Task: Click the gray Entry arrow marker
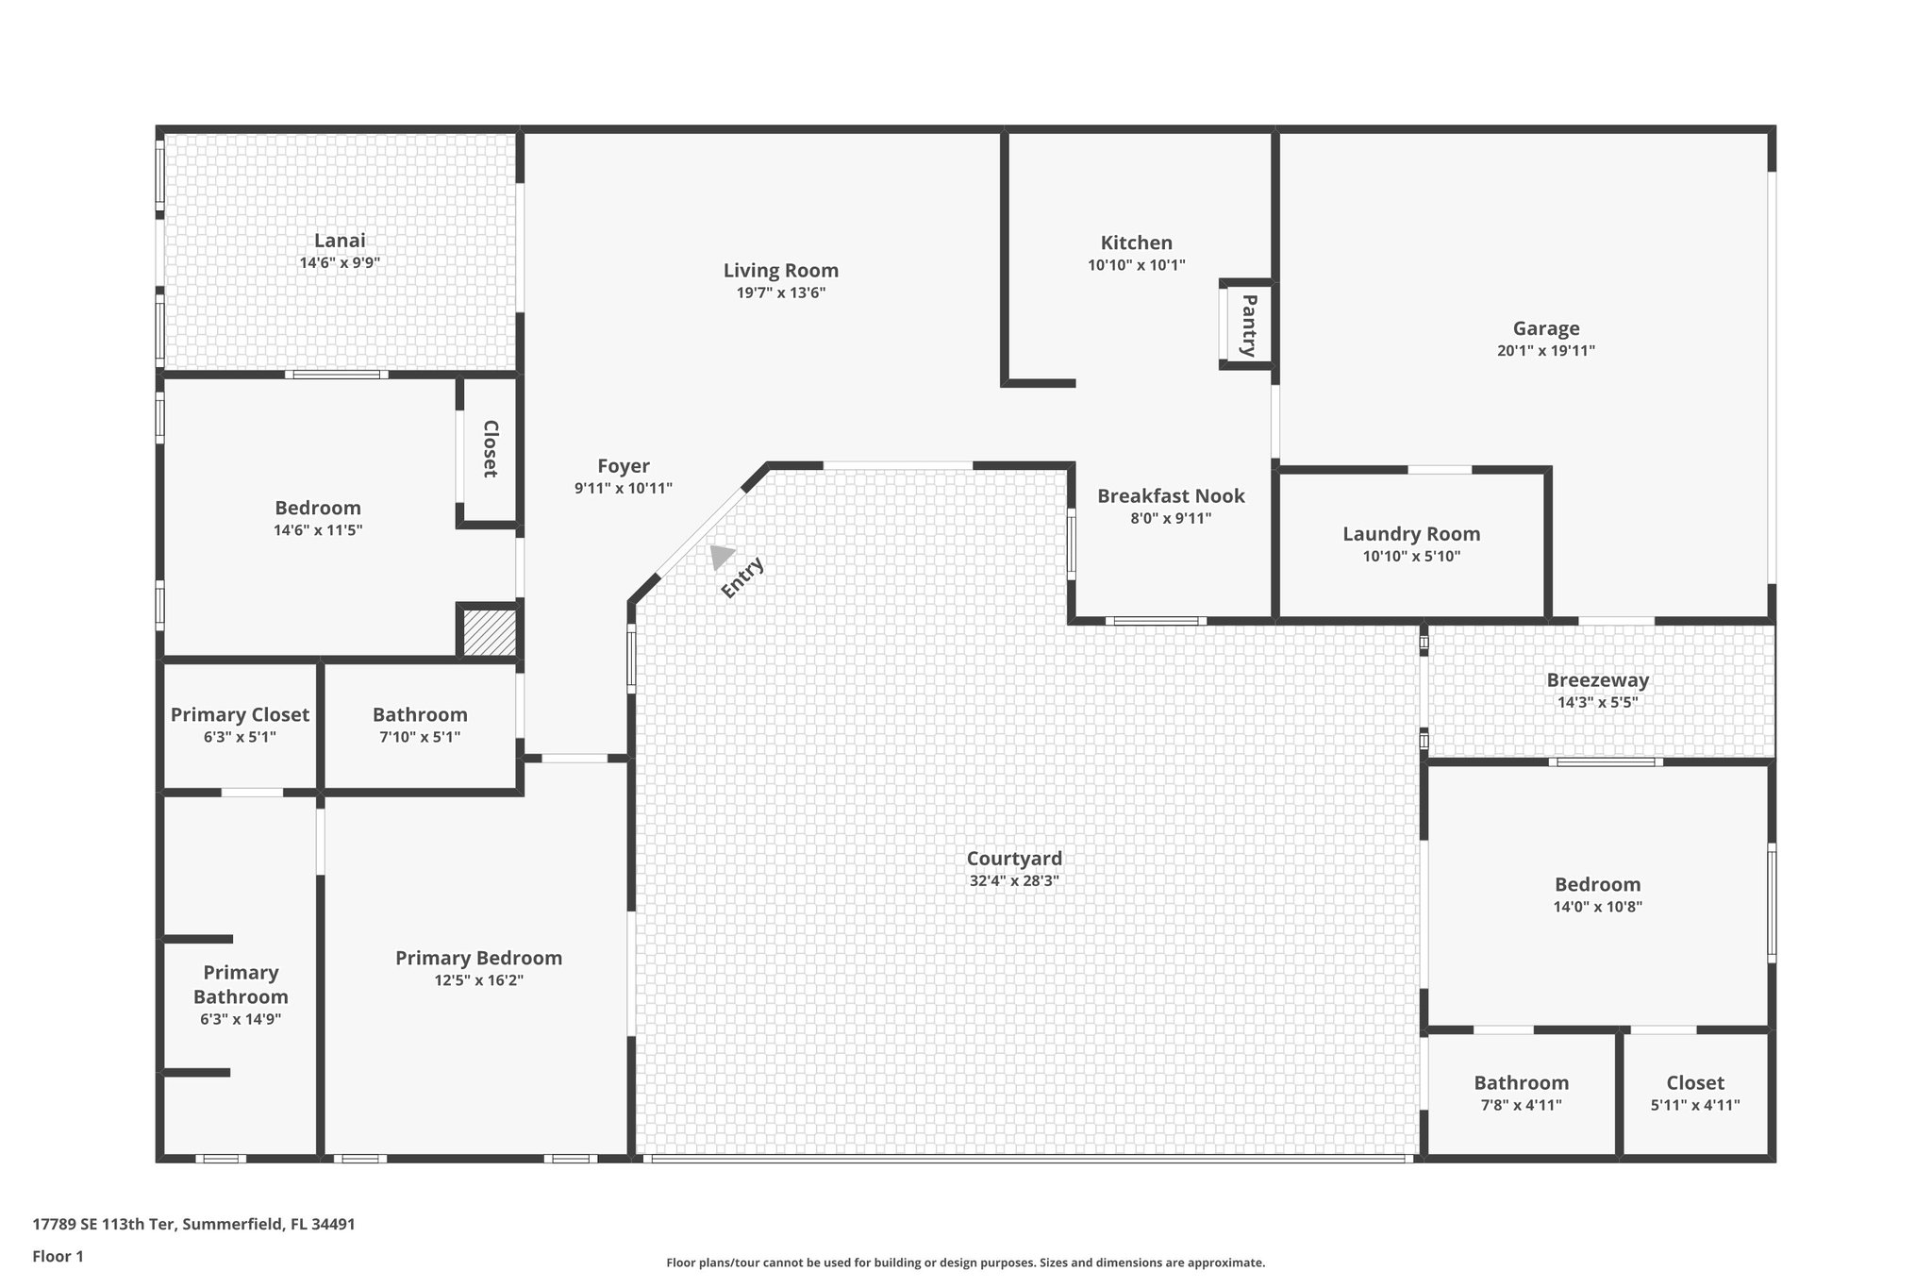tap(722, 556)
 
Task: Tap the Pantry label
tap(1248, 326)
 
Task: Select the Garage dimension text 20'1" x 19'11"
tap(1545, 351)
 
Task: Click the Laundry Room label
tap(1411, 534)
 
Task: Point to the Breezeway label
tap(1597, 680)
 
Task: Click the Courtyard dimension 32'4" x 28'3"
tap(1014, 881)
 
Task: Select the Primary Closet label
tap(240, 715)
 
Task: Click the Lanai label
tap(340, 241)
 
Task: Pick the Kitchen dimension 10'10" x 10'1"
tap(1136, 266)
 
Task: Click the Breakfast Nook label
tap(1171, 496)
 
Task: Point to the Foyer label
tap(624, 466)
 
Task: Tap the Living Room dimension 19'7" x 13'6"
tap(781, 293)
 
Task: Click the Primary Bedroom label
tap(478, 959)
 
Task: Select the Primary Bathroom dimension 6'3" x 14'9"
tap(241, 1020)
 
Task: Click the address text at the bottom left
tap(194, 1225)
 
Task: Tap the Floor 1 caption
tap(58, 1257)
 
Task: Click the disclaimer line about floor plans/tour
tap(965, 1263)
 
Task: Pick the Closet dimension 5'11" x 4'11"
tap(1694, 1106)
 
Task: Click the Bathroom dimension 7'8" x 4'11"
tap(1521, 1106)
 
